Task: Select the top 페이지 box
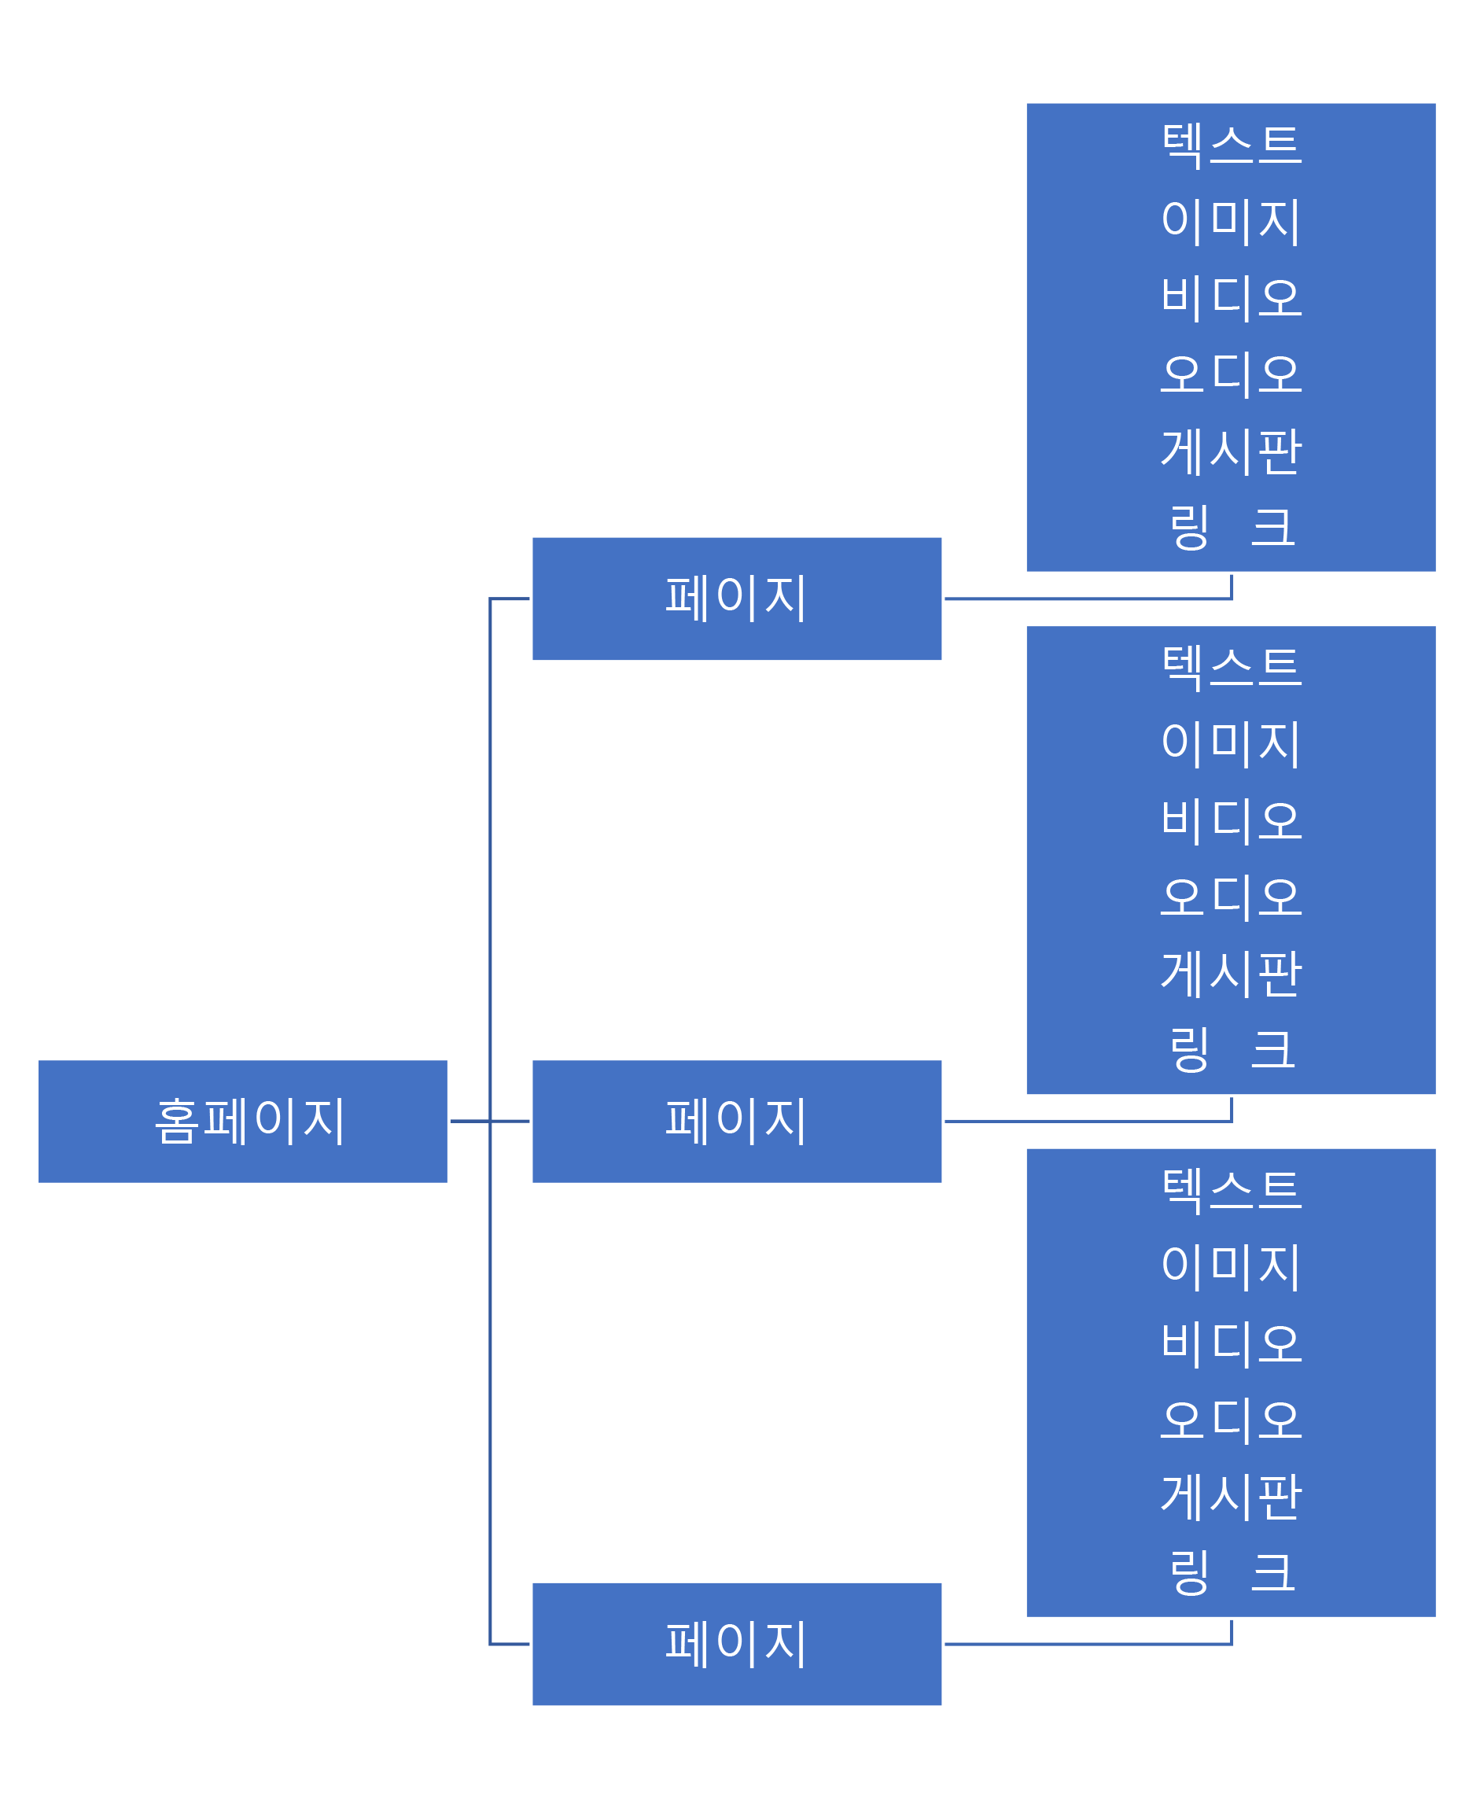pyautogui.click(x=736, y=599)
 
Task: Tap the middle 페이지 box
pyautogui.click(x=736, y=1121)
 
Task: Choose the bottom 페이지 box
pyautogui.click(x=736, y=1644)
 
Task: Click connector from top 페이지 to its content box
pyautogui.click(x=1086, y=599)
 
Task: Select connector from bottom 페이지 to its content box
pyautogui.click(x=1086, y=1644)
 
